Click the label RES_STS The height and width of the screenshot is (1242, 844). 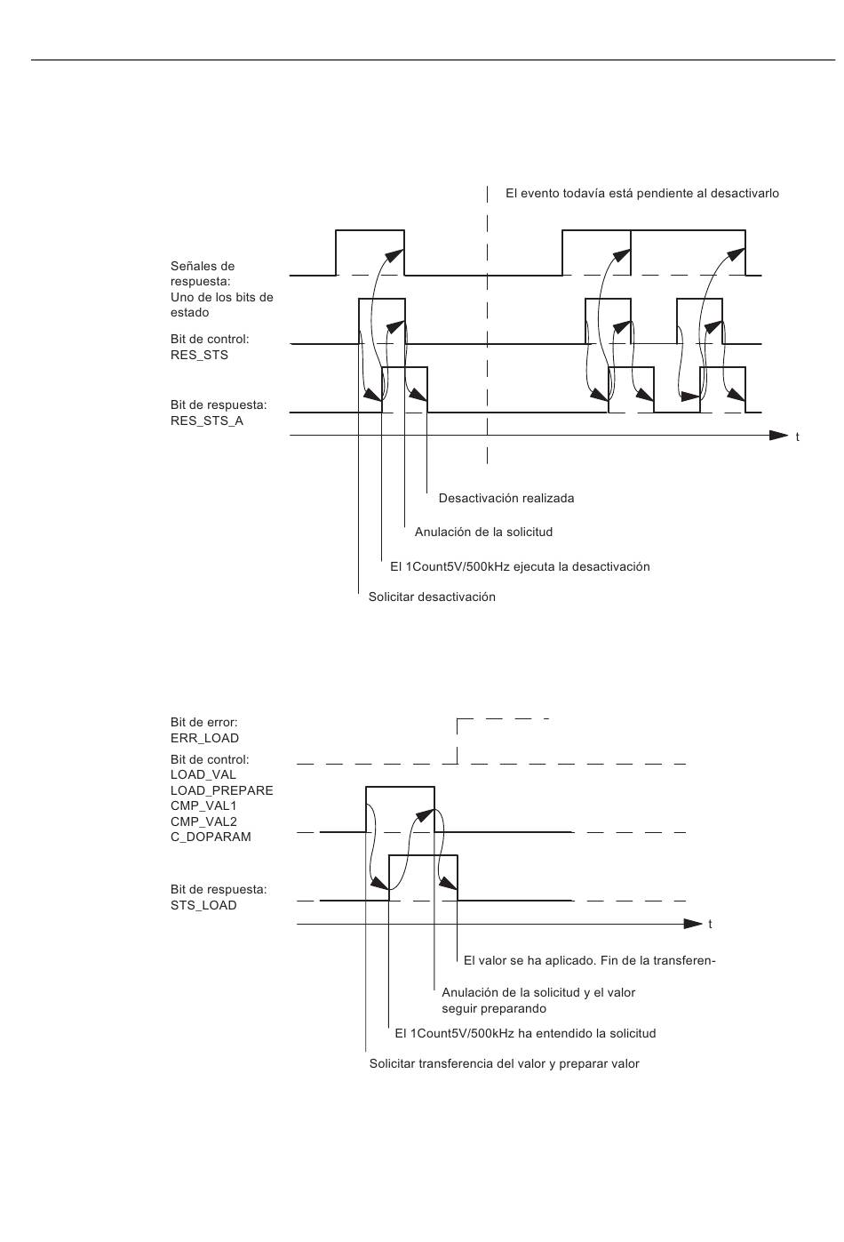pyautogui.click(x=199, y=355)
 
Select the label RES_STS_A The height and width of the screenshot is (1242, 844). pyautogui.click(x=207, y=421)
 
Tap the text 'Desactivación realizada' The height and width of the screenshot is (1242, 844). pyautogui.click(x=506, y=498)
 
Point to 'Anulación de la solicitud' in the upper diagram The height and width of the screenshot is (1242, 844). pyautogui.click(x=483, y=532)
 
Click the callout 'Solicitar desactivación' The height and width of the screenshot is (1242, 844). pyautogui.click(x=432, y=597)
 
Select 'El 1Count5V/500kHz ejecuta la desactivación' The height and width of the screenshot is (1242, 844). pyautogui.click(x=520, y=566)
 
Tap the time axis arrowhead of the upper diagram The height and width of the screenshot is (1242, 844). pyautogui.click(x=779, y=436)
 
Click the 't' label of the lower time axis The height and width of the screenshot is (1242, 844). pyautogui.click(x=710, y=924)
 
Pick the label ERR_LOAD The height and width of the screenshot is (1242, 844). pyautogui.click(x=204, y=738)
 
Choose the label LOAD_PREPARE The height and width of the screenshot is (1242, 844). pyautogui.click(x=222, y=790)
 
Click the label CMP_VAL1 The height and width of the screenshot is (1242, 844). pyautogui.click(x=203, y=805)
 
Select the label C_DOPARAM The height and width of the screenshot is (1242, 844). pyautogui.click(x=211, y=837)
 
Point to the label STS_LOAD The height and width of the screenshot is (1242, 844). pyautogui.click(x=203, y=905)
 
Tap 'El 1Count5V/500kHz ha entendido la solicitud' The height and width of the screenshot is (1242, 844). pyautogui.click(x=525, y=1033)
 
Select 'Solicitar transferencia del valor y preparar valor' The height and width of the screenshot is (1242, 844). pyautogui.click(x=505, y=1063)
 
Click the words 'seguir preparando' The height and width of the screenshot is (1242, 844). pyautogui.click(x=494, y=1008)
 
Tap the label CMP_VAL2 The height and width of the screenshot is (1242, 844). pyautogui.click(x=203, y=821)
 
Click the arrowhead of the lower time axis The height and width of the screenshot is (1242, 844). pyautogui.click(x=693, y=924)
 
